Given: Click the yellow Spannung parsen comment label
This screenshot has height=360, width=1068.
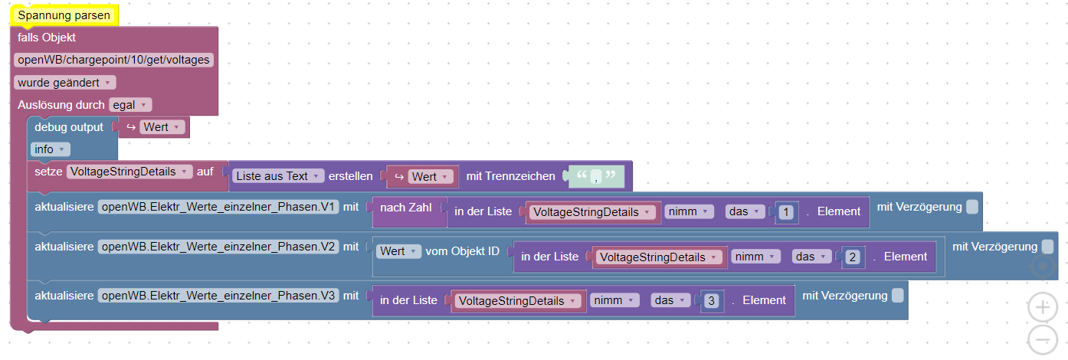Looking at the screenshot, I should [64, 15].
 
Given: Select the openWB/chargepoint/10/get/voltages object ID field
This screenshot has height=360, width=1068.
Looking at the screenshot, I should [113, 60].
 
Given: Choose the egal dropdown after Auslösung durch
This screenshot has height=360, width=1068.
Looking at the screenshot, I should [131, 104].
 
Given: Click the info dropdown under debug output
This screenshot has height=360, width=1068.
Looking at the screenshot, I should [51, 149].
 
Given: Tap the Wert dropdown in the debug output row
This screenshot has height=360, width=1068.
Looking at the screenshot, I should [163, 127].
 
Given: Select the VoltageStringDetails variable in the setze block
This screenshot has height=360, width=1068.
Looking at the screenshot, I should [129, 172].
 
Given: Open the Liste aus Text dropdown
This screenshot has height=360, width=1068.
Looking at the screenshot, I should [278, 176].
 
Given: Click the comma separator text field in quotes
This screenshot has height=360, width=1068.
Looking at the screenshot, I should [595, 177].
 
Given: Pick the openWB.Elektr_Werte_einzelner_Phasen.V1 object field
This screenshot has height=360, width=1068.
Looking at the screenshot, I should [218, 207].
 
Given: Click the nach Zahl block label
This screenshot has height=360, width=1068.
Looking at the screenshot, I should [405, 208].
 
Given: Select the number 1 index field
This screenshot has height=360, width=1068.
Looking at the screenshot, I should [785, 212].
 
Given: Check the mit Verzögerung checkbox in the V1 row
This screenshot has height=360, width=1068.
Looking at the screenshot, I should [971, 207].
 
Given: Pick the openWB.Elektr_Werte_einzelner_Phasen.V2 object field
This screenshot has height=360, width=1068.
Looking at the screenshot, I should [218, 247].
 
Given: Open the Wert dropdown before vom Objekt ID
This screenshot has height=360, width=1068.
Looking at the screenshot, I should [398, 251].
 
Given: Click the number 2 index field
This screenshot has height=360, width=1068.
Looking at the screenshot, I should [852, 257].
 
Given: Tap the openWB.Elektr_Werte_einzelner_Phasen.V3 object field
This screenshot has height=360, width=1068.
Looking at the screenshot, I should [218, 295].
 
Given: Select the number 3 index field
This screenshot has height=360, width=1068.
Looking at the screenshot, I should [711, 301].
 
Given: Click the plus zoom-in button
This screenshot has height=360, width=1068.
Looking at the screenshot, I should [1042, 308].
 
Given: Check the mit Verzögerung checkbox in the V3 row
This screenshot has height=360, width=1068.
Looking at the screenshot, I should [897, 295].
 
